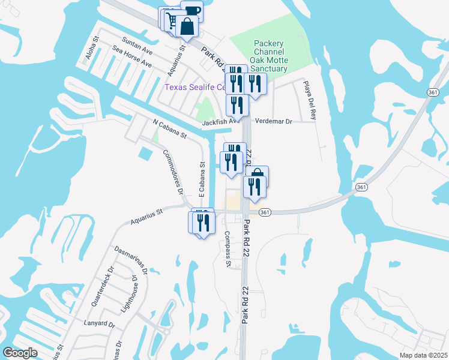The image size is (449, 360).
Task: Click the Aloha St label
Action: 91,52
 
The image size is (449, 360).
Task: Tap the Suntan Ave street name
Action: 137,47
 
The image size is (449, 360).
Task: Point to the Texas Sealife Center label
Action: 195,88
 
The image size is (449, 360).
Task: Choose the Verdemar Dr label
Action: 273,121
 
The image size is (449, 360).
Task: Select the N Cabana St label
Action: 170,129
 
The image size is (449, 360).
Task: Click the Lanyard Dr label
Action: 100,324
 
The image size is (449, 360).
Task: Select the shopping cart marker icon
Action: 171,20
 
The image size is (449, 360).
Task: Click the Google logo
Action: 20,353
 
